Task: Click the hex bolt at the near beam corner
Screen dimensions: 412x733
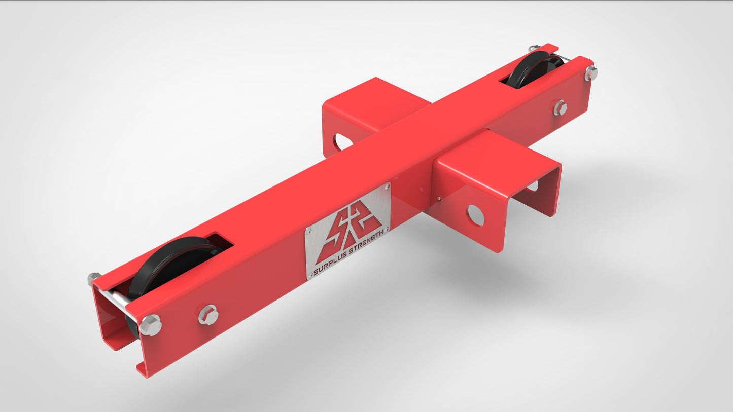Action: [150, 324]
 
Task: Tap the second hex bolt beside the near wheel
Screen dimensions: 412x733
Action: [208, 315]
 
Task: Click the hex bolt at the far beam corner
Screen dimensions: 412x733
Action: [591, 73]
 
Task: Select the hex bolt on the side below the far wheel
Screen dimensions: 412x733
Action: [560, 107]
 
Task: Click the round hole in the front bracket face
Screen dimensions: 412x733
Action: [475, 215]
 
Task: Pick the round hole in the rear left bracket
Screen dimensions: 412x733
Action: [343, 141]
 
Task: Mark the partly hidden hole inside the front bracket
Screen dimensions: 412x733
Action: [532, 186]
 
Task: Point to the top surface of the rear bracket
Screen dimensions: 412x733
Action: [370, 101]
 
